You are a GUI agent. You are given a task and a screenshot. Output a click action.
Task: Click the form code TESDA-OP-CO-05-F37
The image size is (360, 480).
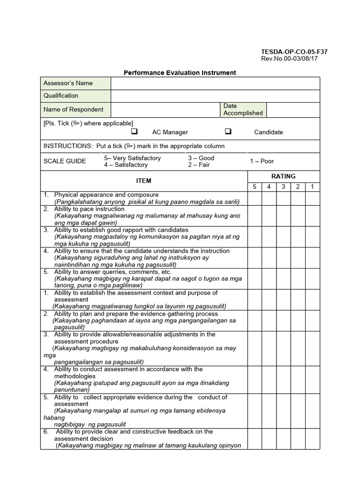click(x=294, y=52)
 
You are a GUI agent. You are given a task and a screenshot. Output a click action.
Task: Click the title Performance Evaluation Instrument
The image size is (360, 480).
click(x=180, y=73)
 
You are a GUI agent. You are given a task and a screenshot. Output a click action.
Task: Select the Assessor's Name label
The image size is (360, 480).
click(x=68, y=83)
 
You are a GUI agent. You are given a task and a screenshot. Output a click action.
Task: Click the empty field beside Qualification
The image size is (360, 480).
click(x=215, y=96)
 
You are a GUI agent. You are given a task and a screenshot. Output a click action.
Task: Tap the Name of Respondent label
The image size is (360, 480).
click(x=74, y=109)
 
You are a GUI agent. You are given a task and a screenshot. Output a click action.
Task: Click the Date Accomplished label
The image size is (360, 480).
click(x=243, y=109)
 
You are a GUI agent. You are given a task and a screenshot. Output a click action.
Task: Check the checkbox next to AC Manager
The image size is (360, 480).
click(x=134, y=132)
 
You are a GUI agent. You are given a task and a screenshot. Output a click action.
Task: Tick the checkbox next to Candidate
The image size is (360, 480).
click(x=228, y=132)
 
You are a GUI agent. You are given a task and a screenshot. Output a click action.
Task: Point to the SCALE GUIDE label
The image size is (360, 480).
click(x=65, y=161)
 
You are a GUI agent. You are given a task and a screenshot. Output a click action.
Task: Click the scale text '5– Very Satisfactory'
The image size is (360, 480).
click(x=132, y=158)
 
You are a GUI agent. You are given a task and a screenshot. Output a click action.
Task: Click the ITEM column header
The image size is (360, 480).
click(x=143, y=180)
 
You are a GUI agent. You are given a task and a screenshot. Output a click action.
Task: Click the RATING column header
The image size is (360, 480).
click(x=283, y=176)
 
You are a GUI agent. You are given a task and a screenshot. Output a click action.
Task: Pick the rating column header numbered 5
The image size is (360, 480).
click(x=255, y=187)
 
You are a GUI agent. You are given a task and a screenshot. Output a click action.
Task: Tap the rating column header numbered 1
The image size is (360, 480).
click(x=312, y=187)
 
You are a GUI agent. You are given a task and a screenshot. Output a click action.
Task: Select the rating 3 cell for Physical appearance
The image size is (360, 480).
click(x=283, y=198)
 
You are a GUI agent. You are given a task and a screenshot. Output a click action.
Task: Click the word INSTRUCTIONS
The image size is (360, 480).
click(x=68, y=146)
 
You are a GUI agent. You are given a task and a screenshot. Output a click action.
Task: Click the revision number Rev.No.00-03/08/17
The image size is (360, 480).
click(x=289, y=59)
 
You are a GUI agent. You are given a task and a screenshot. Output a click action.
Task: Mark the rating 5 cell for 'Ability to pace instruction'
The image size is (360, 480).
click(x=255, y=216)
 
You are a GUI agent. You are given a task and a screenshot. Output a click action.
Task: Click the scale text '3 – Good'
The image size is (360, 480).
click(x=201, y=158)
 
